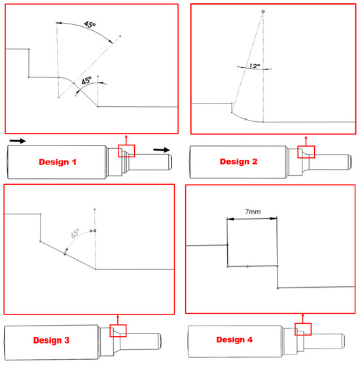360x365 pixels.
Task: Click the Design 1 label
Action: pyautogui.click(x=58, y=162)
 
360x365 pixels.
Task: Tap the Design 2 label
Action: pyautogui.click(x=239, y=161)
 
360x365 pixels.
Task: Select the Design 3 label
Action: pyautogui.click(x=51, y=340)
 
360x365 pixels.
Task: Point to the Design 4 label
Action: pyautogui.click(x=234, y=339)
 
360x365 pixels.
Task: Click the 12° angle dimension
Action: pyautogui.click(x=255, y=66)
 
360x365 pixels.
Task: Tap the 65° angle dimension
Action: pyautogui.click(x=75, y=233)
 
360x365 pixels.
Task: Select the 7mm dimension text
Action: pyautogui.click(x=253, y=212)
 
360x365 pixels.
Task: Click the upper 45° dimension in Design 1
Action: pyautogui.click(x=90, y=24)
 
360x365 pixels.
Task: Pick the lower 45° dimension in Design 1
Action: pyautogui.click(x=86, y=81)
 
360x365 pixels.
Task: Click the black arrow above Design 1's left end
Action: pyautogui.click(x=18, y=141)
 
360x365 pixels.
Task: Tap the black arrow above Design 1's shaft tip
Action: pyautogui.click(x=162, y=150)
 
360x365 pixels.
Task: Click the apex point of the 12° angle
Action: pyautogui.click(x=263, y=11)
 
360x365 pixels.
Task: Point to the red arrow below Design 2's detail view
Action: pyautogui.click(x=306, y=141)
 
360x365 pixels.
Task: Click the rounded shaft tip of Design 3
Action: pyautogui.click(x=159, y=341)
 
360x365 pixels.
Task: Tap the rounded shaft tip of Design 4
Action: pyautogui.click(x=343, y=341)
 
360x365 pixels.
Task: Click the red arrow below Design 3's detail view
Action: pyautogui.click(x=118, y=320)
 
